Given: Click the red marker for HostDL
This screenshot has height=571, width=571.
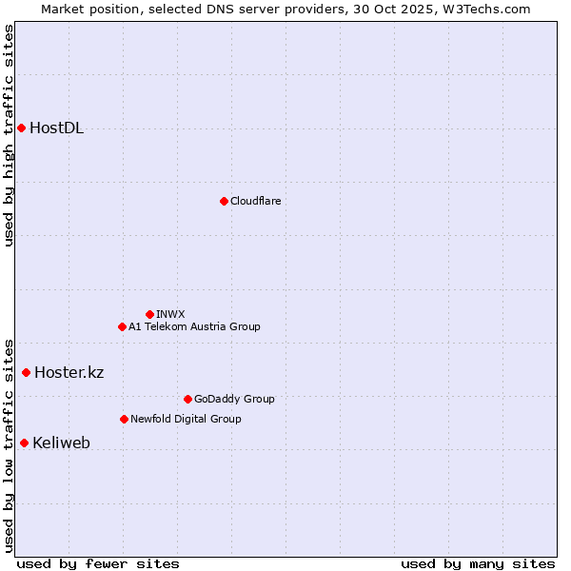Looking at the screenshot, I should pyautogui.click(x=21, y=128).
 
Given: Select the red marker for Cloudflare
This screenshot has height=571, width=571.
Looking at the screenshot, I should pyautogui.click(x=224, y=201).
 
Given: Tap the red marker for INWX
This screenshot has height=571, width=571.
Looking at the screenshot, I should pyautogui.click(x=149, y=314).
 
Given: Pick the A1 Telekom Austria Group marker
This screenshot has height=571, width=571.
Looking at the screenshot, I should pyautogui.click(x=122, y=326).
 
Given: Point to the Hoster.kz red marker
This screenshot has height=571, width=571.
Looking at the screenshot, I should pyautogui.click(x=26, y=372).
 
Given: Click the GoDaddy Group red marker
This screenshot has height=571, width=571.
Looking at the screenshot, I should pyautogui.click(x=187, y=399).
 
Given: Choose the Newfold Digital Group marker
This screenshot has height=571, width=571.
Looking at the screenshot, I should pyautogui.click(x=124, y=419).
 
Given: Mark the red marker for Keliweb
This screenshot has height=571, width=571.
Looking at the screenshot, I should pyautogui.click(x=24, y=443).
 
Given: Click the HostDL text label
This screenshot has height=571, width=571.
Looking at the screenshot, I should pyautogui.click(x=57, y=128).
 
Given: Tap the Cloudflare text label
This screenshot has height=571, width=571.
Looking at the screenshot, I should pyautogui.click(x=256, y=201).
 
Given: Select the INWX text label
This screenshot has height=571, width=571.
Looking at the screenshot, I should pyautogui.click(x=170, y=314).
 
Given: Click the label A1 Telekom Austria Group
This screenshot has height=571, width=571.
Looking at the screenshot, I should pyautogui.click(x=194, y=326).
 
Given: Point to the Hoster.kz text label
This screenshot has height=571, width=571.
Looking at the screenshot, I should pyautogui.click(x=69, y=372).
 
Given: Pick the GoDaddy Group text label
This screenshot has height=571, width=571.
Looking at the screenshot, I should pyautogui.click(x=234, y=399).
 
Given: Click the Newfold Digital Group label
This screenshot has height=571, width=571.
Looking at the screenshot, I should pyautogui.click(x=186, y=419).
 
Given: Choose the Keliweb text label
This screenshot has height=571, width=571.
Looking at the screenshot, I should pyautogui.click(x=61, y=443).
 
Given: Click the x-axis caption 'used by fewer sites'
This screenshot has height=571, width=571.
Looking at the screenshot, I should pyautogui.click(x=98, y=563).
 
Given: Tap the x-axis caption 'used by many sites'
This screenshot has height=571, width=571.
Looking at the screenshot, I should pyautogui.click(x=478, y=563).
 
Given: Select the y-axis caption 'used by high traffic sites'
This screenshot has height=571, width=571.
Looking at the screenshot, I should pyautogui.click(x=9, y=135).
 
